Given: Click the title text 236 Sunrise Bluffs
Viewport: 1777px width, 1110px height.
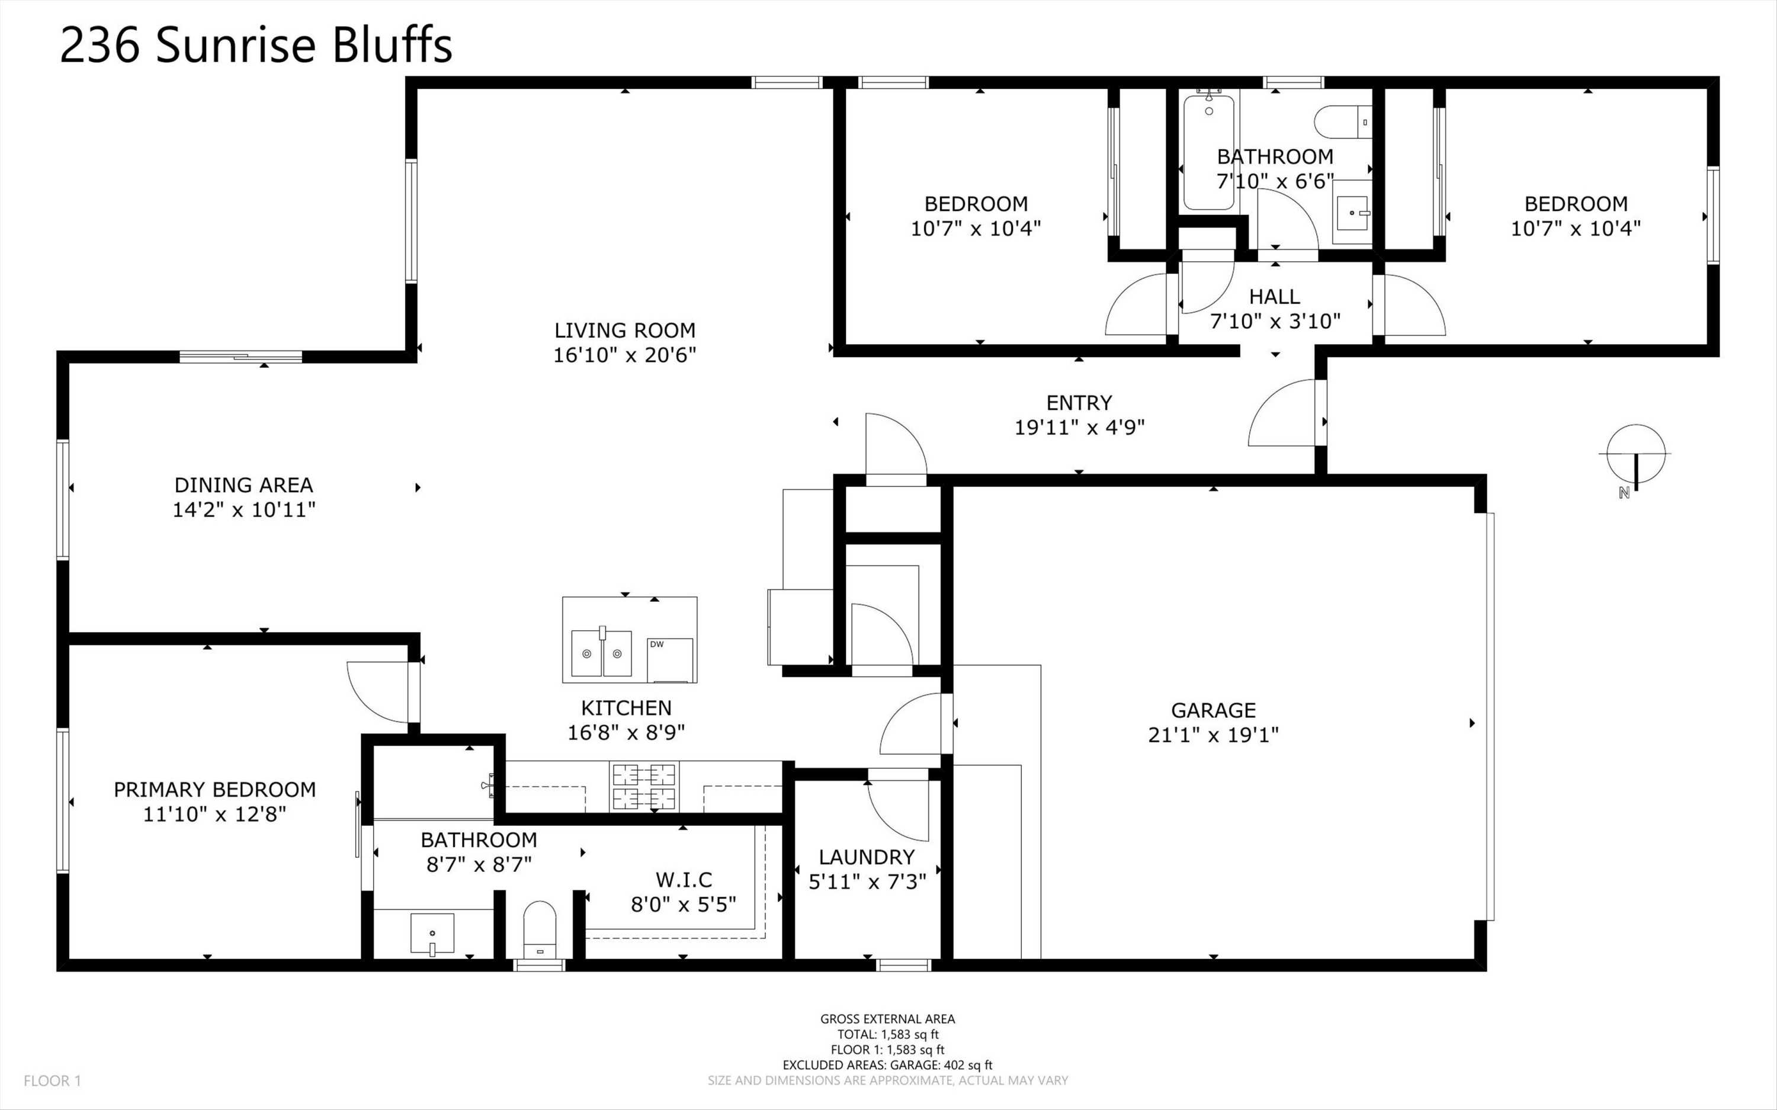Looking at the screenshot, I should (x=255, y=46).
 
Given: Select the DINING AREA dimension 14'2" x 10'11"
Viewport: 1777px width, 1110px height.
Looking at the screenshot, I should (x=243, y=509).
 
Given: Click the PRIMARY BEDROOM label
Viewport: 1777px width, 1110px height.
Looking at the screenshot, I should (x=214, y=790).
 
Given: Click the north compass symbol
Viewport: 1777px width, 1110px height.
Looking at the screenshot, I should (x=1635, y=455).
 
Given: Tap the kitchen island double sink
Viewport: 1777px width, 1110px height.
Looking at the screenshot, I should (x=601, y=653).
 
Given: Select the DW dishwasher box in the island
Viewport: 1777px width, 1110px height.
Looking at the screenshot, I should (x=669, y=660).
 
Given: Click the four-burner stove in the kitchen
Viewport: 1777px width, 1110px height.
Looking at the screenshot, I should (x=644, y=785).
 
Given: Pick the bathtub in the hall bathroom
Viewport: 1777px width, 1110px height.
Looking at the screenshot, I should (x=1208, y=153).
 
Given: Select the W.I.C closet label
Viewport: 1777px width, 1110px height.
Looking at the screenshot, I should (x=684, y=880).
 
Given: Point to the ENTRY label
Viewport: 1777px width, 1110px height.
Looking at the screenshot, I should (x=1078, y=402).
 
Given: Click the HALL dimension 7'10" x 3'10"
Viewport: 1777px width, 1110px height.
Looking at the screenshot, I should (x=1275, y=322).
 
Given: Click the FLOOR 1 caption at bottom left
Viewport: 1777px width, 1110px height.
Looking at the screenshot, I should (x=52, y=1080).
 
